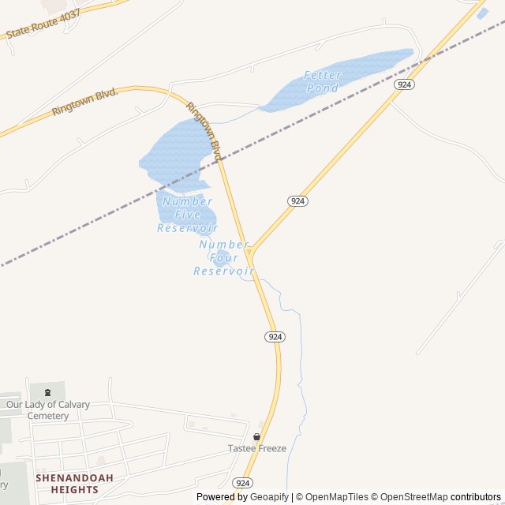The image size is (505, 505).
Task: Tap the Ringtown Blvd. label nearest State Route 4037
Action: pos(84,103)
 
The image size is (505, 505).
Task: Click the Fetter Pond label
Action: pos(323,81)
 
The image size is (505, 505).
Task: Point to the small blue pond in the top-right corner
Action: pos(482,13)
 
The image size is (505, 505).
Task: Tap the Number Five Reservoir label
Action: pos(187,215)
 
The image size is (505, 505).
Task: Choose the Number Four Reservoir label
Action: pos(224,258)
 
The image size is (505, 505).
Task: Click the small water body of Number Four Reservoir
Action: pos(222,257)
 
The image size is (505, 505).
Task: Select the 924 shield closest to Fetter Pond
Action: pos(404,84)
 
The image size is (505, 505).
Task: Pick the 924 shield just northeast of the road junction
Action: pos(297,201)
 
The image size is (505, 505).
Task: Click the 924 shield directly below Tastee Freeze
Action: pos(243,482)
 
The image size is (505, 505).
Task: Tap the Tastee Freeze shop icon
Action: pos(256,436)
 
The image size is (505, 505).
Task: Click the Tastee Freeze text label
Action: pos(257,448)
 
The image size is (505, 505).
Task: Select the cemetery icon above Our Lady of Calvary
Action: pos(47,392)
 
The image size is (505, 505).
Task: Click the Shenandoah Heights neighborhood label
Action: pos(75,484)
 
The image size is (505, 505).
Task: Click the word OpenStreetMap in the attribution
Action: pos(414,497)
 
